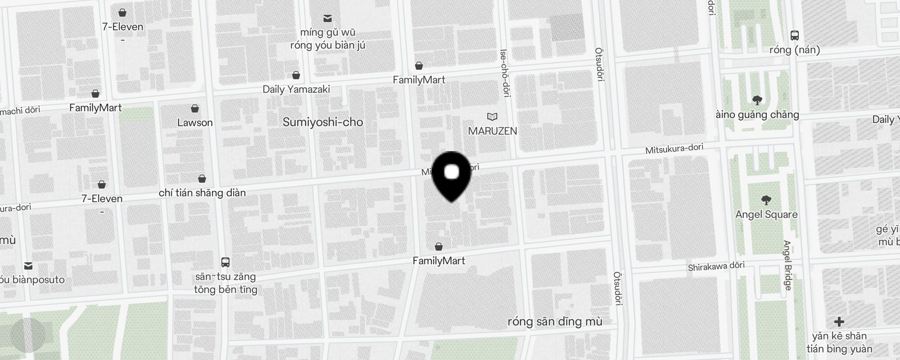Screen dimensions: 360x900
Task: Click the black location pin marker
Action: click(x=451, y=175)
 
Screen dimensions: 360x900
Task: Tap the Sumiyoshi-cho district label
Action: click(x=323, y=122)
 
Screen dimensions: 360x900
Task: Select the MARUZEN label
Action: click(x=492, y=131)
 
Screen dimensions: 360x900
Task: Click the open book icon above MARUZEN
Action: click(x=492, y=117)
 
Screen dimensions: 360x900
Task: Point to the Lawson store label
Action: click(x=195, y=122)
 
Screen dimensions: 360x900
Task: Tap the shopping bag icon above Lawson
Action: click(x=195, y=108)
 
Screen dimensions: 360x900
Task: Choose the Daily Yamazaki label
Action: click(x=296, y=89)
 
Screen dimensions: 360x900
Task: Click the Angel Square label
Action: click(x=766, y=215)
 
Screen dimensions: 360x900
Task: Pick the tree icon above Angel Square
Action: click(x=766, y=200)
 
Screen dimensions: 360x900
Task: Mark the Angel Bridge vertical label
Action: click(x=787, y=265)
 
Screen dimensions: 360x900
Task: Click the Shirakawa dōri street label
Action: click(x=716, y=266)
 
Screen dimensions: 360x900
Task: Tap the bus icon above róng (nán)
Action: click(x=795, y=36)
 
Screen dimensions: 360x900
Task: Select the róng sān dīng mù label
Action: click(x=554, y=321)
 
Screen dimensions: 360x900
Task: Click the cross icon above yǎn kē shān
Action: click(x=839, y=322)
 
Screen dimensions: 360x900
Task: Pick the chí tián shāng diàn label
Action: click(x=202, y=193)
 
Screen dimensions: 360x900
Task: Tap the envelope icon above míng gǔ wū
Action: click(x=328, y=18)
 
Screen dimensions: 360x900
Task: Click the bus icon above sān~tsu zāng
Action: click(x=225, y=262)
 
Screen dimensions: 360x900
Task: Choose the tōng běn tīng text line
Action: click(x=225, y=289)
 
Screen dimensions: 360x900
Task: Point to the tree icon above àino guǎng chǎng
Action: click(x=757, y=100)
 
